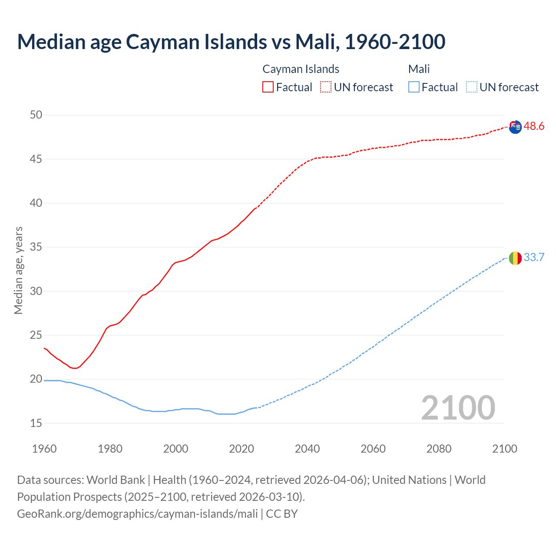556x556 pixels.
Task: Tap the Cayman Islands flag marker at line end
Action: point(515,127)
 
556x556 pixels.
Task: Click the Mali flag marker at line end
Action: point(515,258)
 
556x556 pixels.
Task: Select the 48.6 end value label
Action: point(534,126)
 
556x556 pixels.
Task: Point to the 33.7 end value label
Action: point(534,258)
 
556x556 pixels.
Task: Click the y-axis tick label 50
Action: point(36,115)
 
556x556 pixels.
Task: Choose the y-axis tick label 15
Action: point(36,423)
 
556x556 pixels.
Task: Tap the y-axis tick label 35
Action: point(36,247)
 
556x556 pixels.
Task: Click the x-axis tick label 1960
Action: point(44,449)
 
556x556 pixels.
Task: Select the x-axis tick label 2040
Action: point(307,449)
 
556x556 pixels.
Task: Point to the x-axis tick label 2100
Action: point(505,449)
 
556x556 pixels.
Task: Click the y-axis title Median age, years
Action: point(18,270)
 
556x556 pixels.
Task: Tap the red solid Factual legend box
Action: point(268,87)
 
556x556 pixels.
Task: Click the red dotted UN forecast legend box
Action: point(326,87)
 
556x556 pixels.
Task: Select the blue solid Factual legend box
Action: point(414,87)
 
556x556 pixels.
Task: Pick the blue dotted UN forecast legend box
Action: point(472,87)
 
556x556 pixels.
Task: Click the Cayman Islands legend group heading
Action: point(301,69)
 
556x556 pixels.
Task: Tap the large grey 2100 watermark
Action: point(458,407)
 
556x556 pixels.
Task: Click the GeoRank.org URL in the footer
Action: point(137,514)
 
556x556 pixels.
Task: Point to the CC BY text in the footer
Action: point(282,514)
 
